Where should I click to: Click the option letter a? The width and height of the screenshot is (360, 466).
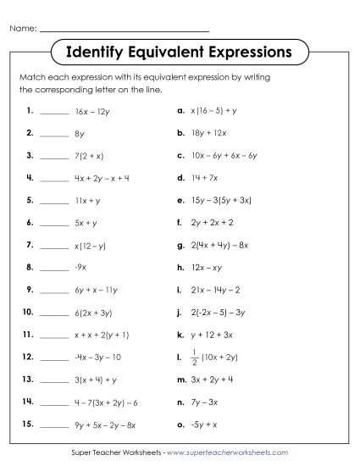(180, 110)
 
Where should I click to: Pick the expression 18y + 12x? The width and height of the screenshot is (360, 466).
(211, 133)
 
